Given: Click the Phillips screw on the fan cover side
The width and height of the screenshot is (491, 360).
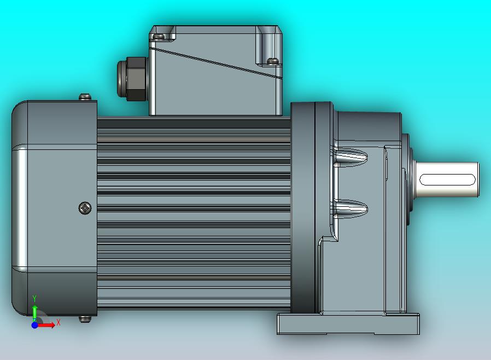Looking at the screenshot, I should [85, 208].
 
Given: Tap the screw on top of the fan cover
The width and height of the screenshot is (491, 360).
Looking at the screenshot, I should [85, 97].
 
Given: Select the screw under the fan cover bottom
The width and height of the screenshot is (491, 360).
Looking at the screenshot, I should [85, 318].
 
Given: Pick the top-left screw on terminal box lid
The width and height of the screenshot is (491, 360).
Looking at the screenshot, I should [159, 36].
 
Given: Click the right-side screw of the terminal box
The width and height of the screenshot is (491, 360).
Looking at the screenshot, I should [272, 60].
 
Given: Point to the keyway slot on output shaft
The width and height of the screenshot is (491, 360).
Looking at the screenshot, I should [447, 179].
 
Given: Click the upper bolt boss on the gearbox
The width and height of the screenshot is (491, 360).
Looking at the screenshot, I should [350, 158].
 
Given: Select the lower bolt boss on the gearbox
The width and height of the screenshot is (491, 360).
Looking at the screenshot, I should [350, 208].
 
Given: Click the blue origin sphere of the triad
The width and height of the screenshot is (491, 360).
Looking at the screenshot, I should [34, 325].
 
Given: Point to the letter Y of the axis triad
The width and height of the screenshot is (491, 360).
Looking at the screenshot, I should [34, 298].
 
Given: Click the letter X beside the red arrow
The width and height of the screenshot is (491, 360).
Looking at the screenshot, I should [59, 322].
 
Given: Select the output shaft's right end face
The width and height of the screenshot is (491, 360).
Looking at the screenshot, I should [478, 179].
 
